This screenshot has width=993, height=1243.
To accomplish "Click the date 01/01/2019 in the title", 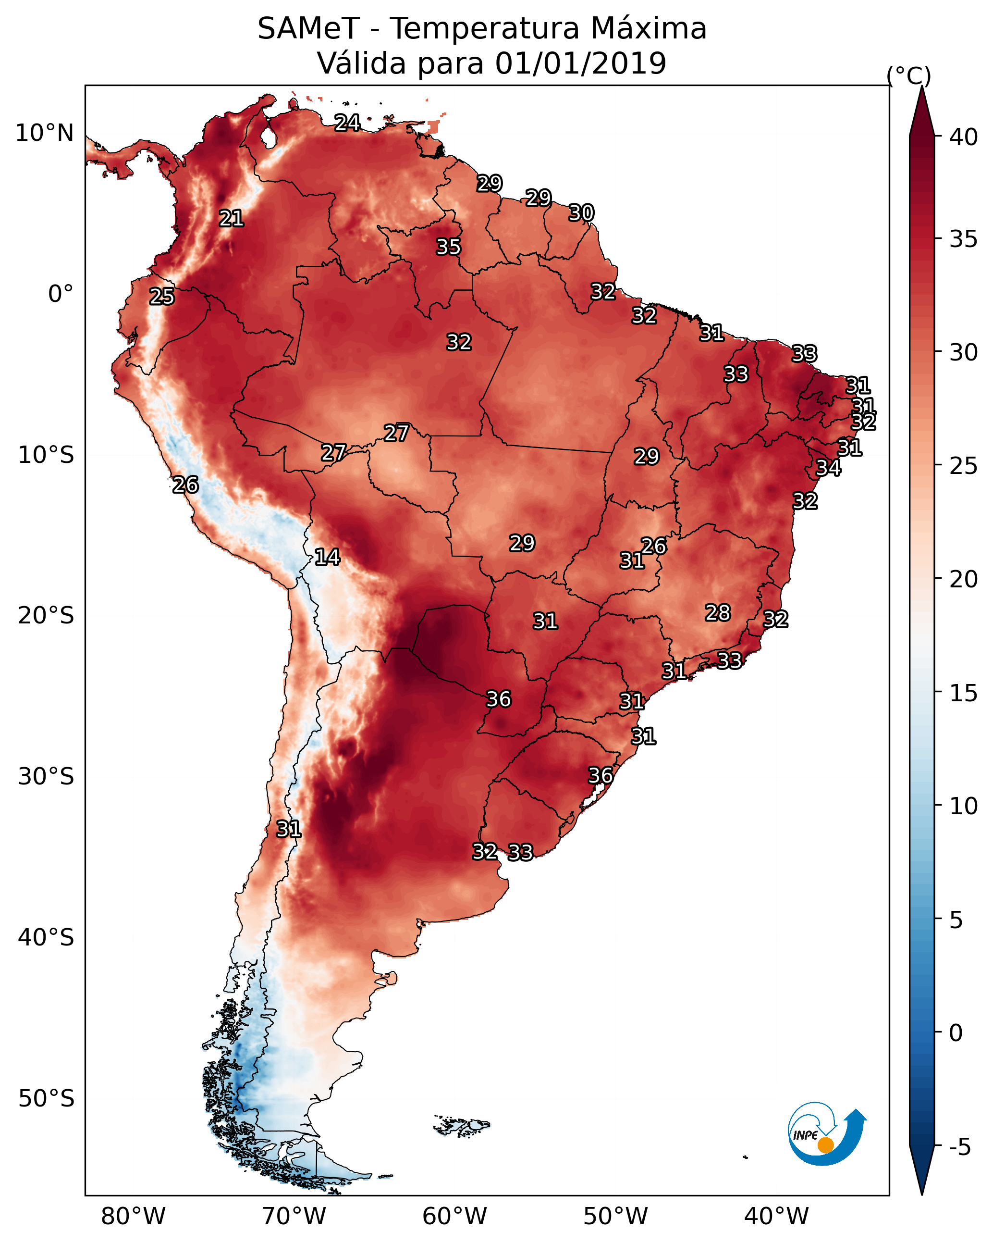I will click(580, 63).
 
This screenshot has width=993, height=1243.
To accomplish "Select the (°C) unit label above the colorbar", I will click(909, 75).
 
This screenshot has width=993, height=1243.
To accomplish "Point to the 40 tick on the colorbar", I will click(964, 137).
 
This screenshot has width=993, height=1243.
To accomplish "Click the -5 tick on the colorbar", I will click(959, 1147).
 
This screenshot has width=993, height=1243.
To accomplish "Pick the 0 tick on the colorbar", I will click(956, 1033).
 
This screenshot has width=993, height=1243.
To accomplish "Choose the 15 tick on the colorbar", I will click(964, 693).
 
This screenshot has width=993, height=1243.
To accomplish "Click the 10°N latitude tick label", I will click(44, 133).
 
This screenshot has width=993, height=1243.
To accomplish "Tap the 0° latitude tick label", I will click(61, 294).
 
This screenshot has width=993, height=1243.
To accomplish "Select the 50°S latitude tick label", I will click(46, 1099).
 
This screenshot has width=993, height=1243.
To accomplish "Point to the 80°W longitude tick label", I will click(133, 1217).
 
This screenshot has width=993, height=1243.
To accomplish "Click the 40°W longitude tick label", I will click(776, 1217).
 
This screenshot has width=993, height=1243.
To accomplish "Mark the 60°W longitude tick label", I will click(455, 1217).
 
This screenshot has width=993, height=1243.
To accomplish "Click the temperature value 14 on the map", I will click(327, 557).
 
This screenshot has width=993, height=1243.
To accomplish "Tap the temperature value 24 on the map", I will click(347, 123).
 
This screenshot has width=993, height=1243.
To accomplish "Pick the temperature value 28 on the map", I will click(718, 612).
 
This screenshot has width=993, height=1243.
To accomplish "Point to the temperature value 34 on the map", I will click(828, 468).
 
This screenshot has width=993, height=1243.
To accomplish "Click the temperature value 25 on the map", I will click(162, 297).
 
